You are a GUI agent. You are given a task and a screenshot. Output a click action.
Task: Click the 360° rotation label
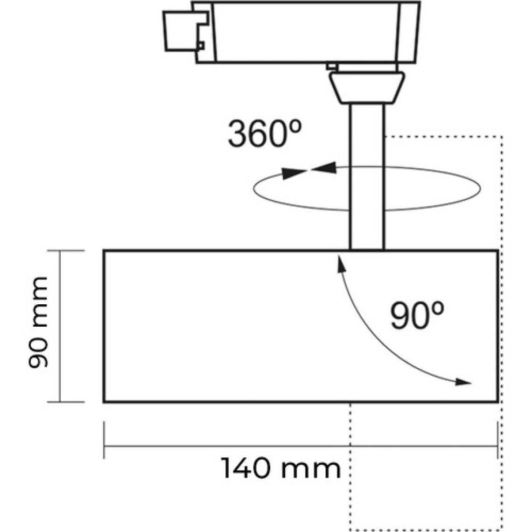(x=265, y=133)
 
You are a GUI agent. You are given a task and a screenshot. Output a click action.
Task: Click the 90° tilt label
(x=417, y=315)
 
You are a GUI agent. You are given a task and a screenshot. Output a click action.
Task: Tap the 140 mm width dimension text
(x=281, y=469)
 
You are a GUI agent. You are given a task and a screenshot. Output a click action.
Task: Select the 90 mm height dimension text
(x=38, y=322)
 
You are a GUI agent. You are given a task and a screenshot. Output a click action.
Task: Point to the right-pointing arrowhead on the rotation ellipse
(x=294, y=174)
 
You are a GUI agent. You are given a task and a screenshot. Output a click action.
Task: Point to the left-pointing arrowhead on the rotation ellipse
(x=324, y=168)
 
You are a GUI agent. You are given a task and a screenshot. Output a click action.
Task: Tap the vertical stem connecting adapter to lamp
(x=367, y=177)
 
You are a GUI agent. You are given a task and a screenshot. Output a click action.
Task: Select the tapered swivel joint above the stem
(x=367, y=88)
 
